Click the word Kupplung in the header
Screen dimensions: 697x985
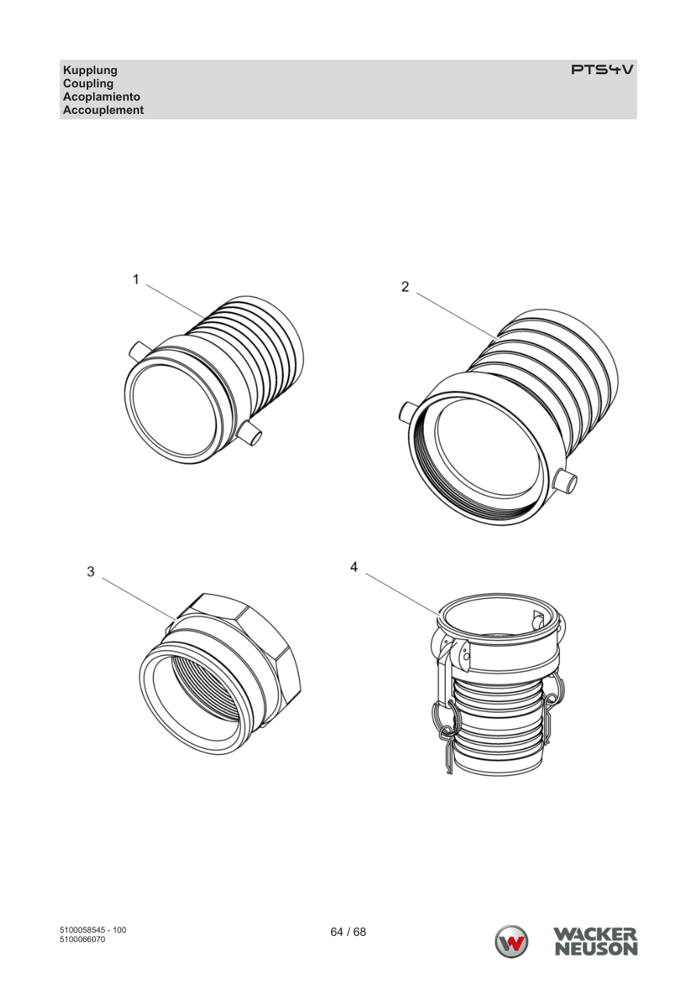click(x=91, y=70)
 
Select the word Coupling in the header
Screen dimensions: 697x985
click(x=88, y=83)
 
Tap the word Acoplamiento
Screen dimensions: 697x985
click(x=101, y=97)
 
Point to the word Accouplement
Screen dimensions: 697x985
click(x=103, y=110)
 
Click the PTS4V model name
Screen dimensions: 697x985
click(x=603, y=69)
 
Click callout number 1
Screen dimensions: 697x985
click(x=136, y=279)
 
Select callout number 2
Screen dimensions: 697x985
click(x=405, y=287)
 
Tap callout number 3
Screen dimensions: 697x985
click(x=91, y=572)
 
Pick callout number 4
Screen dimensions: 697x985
click(x=354, y=567)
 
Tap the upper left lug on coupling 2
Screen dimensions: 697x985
click(x=408, y=412)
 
